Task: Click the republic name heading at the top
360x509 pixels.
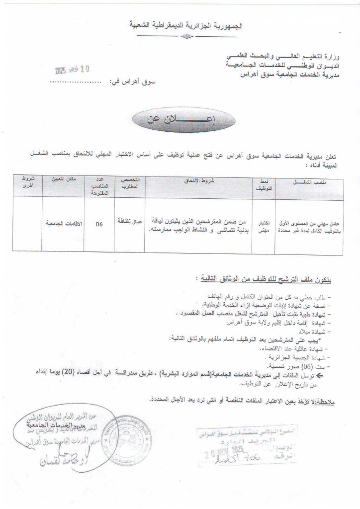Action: pyautogui.click(x=184, y=25)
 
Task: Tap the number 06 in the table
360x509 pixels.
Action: pyautogui.click(x=99, y=224)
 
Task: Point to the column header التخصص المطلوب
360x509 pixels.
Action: pyautogui.click(x=130, y=184)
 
